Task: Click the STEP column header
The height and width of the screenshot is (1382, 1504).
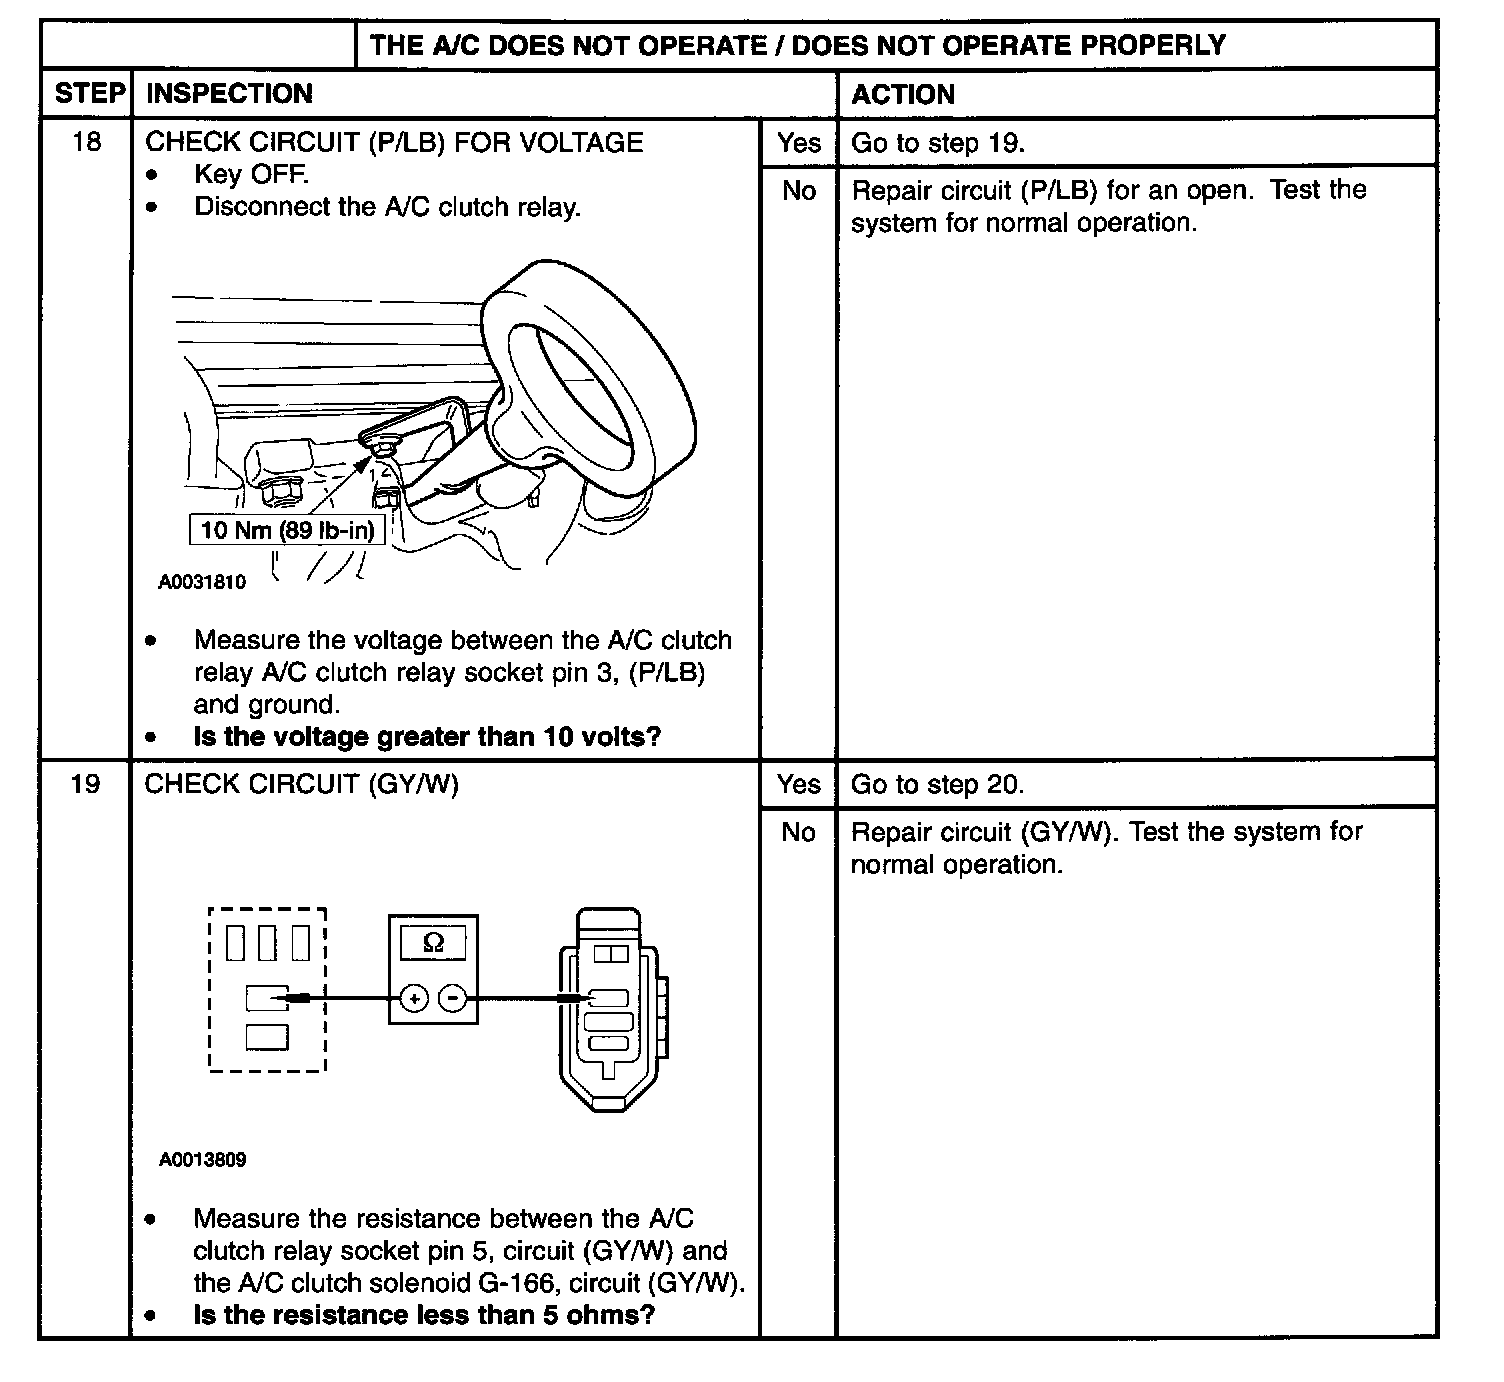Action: pyautogui.click(x=90, y=94)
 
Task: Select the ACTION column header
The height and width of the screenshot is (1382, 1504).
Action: pyautogui.click(x=902, y=94)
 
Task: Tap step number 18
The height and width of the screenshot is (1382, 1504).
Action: pyautogui.click(x=87, y=142)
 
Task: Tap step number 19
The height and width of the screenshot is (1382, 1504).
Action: pyautogui.click(x=87, y=784)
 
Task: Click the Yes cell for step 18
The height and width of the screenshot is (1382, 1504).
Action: pyautogui.click(x=798, y=143)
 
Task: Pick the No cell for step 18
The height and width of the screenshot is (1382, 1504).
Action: pyautogui.click(x=798, y=190)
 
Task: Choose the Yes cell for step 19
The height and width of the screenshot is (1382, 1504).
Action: pyautogui.click(x=798, y=785)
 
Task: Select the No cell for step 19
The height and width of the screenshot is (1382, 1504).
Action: pyautogui.click(x=798, y=832)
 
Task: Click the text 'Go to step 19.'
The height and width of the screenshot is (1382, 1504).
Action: pyautogui.click(x=937, y=143)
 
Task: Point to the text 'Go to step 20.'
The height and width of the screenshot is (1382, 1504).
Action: pyautogui.click(x=937, y=785)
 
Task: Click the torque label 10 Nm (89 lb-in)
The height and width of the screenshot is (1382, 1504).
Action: pyautogui.click(x=287, y=530)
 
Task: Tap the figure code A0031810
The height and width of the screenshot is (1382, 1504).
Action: pyautogui.click(x=202, y=582)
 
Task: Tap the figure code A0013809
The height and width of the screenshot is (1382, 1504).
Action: pyautogui.click(x=202, y=1160)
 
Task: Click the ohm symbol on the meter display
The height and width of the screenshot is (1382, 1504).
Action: pyautogui.click(x=433, y=942)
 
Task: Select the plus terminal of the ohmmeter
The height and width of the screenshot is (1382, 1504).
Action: pyautogui.click(x=414, y=998)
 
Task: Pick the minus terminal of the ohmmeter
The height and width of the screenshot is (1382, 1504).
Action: pyautogui.click(x=453, y=998)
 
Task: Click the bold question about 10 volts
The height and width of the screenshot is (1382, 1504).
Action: pyautogui.click(x=427, y=737)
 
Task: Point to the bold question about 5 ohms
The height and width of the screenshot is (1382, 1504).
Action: pyautogui.click(x=424, y=1315)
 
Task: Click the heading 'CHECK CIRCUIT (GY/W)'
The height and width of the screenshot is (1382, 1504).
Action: pyautogui.click(x=301, y=784)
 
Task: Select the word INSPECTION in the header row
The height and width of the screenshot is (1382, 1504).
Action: pyautogui.click(x=229, y=94)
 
